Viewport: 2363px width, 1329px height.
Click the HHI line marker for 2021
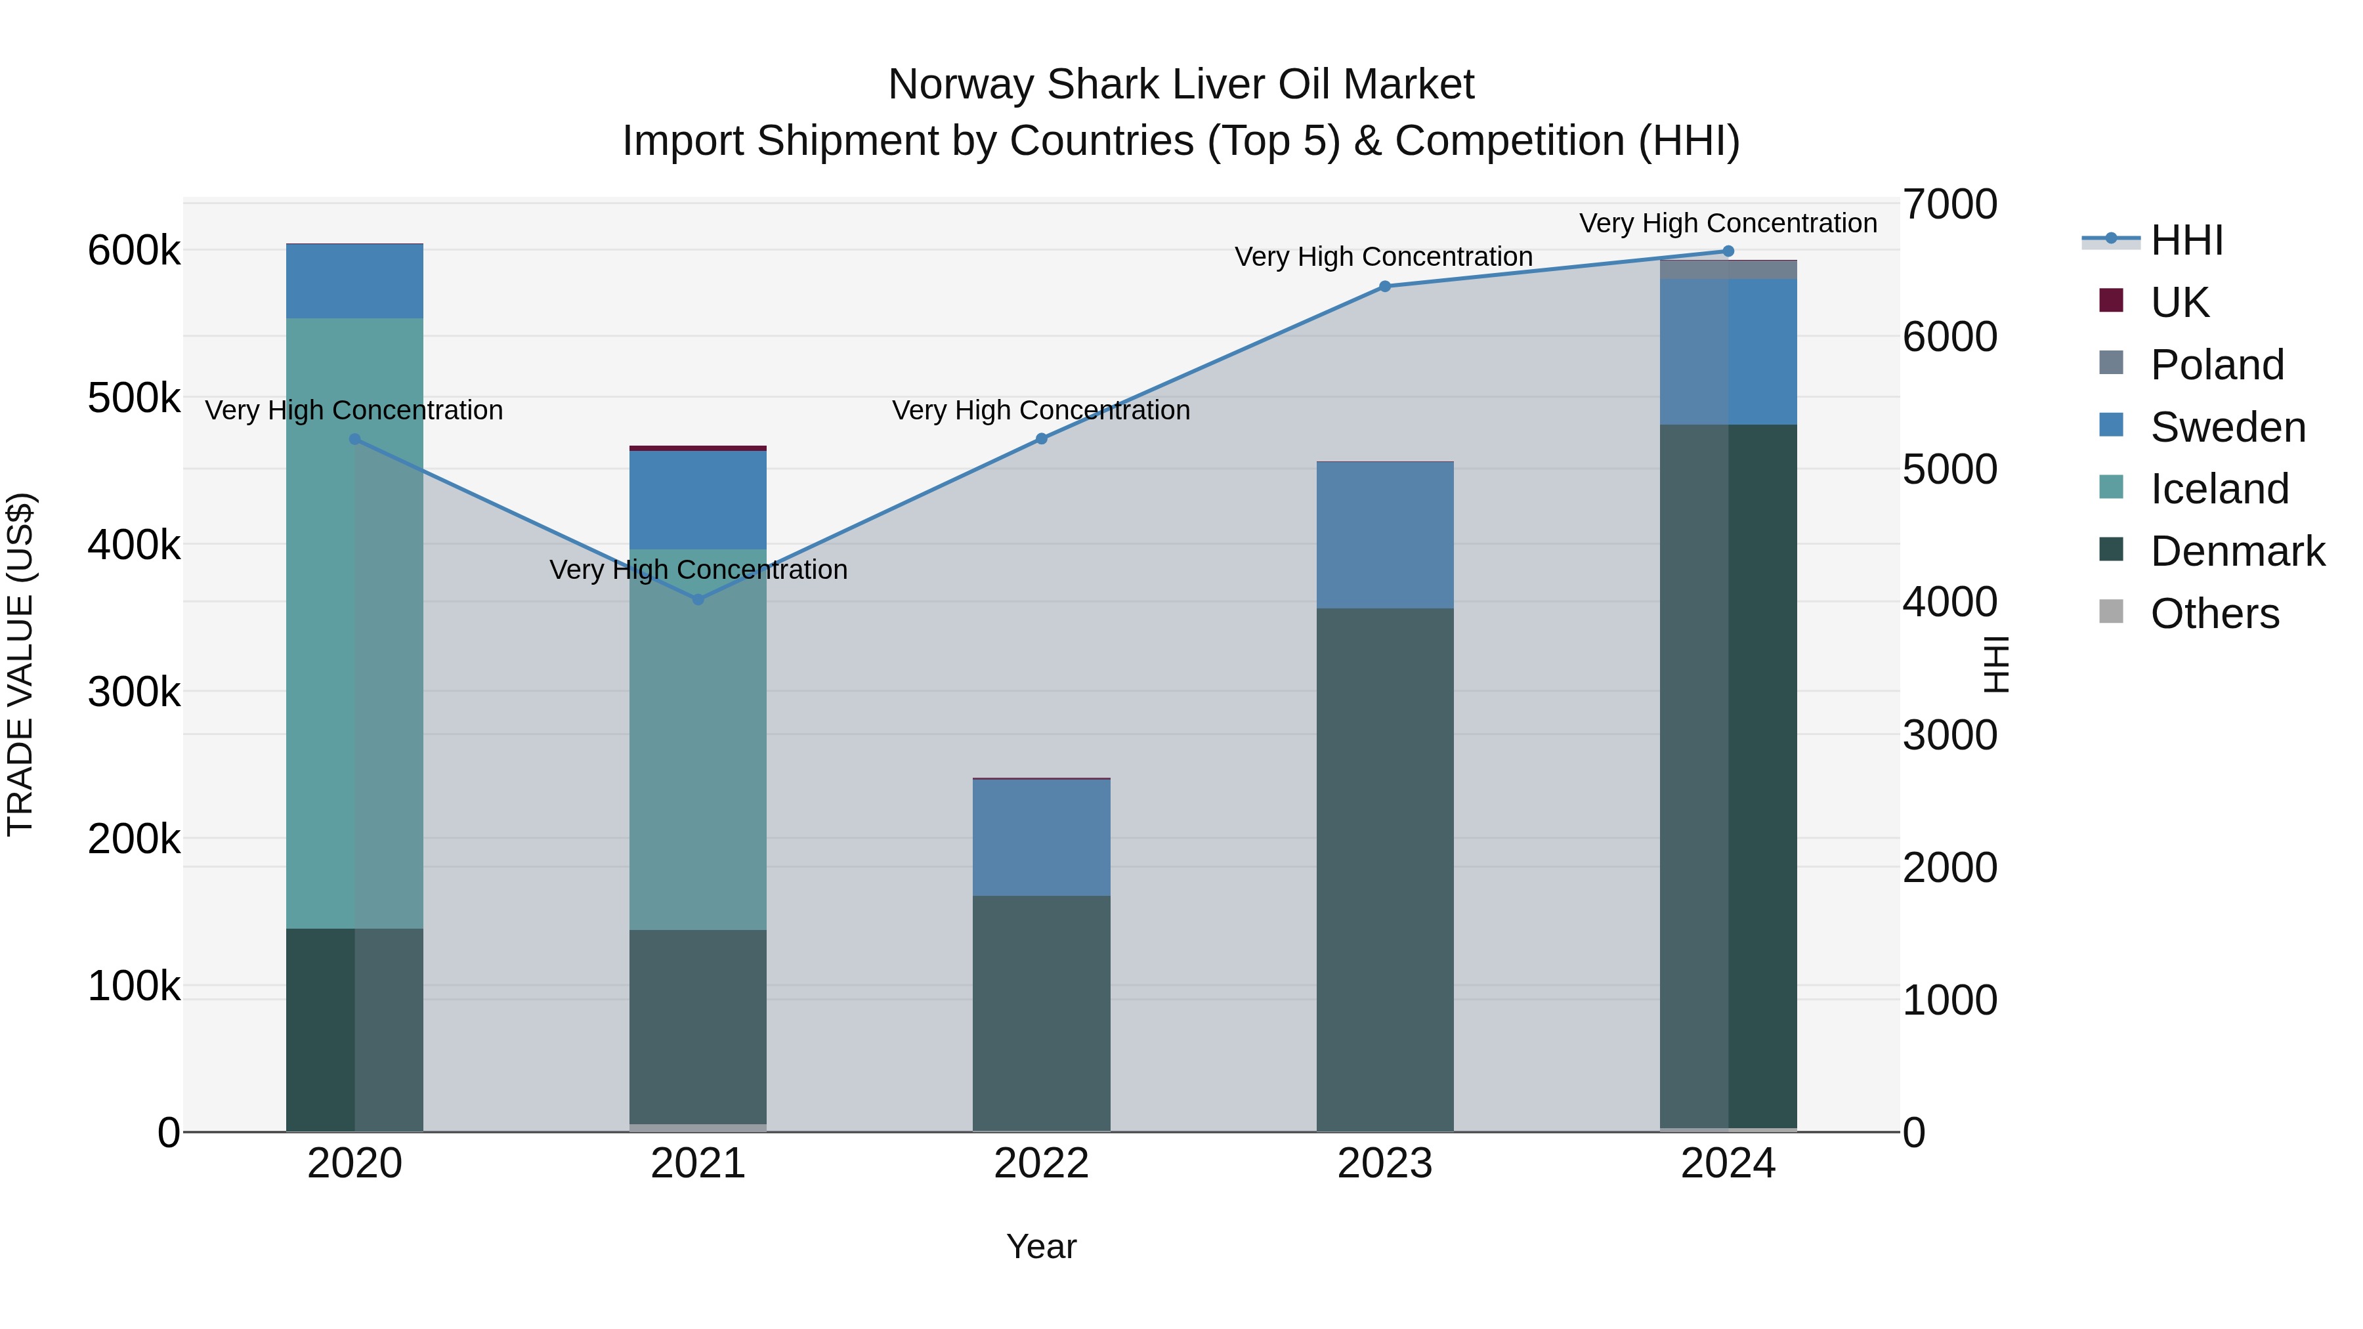[x=698, y=600]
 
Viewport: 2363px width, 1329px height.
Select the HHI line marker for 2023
[x=1385, y=286]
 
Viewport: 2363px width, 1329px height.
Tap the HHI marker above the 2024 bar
[x=1728, y=251]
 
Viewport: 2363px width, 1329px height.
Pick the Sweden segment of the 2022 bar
[x=1041, y=837]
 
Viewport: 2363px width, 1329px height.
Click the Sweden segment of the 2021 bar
[x=698, y=500]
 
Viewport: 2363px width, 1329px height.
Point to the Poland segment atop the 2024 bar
[x=1728, y=270]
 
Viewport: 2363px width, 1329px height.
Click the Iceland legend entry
[x=2219, y=489]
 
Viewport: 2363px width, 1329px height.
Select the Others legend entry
[x=2215, y=614]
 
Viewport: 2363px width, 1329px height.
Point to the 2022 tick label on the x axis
[x=1041, y=1164]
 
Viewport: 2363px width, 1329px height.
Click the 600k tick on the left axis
[x=134, y=251]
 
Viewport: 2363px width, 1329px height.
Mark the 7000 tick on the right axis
[x=1949, y=205]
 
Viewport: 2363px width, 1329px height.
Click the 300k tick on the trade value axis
[x=134, y=692]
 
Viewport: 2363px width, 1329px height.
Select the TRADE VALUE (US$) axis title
[x=21, y=664]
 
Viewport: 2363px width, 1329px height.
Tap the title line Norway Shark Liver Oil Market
[x=1181, y=85]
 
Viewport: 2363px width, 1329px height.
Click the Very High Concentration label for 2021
[x=698, y=570]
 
